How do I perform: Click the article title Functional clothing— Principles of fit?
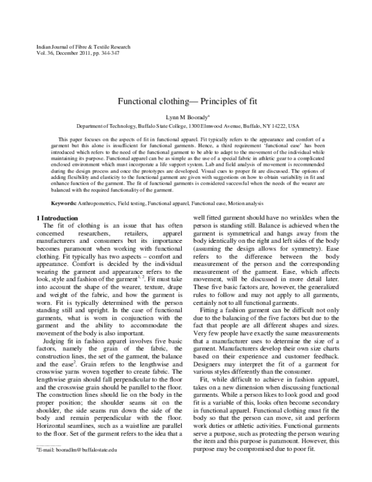click(185, 101)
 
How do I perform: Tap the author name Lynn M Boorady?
click(185, 116)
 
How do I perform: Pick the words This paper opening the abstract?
click(72, 140)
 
